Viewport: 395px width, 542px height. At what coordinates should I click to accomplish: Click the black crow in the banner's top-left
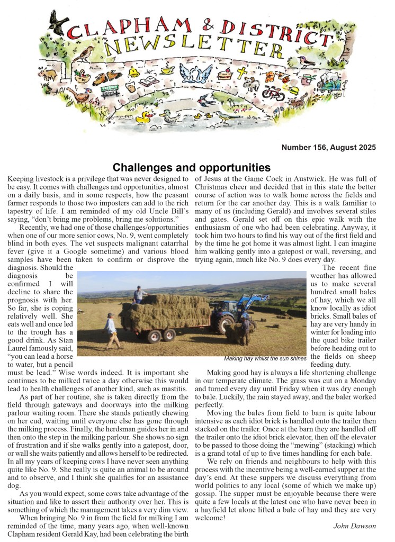(x=57, y=22)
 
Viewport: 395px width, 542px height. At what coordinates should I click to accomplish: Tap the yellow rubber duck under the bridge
(x=143, y=118)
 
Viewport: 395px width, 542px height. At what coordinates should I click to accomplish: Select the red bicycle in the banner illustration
(x=273, y=94)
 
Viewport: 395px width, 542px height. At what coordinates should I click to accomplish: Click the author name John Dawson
(x=355, y=526)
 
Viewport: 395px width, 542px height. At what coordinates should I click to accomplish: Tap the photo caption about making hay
(x=265, y=358)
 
